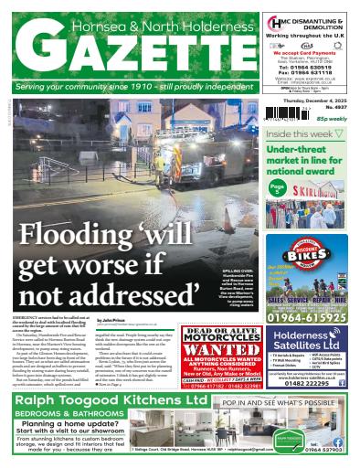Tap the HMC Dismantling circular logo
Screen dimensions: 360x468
pyautogui.click(x=275, y=23)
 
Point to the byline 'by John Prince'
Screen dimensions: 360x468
pyautogui.click(x=113, y=320)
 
